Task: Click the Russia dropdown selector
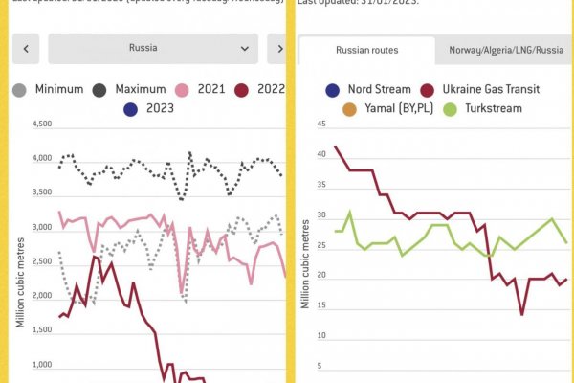click(152, 47)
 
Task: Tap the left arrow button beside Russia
click(26, 47)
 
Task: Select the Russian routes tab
click(367, 50)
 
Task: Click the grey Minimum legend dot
click(19, 89)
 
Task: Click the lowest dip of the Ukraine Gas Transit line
click(522, 314)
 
